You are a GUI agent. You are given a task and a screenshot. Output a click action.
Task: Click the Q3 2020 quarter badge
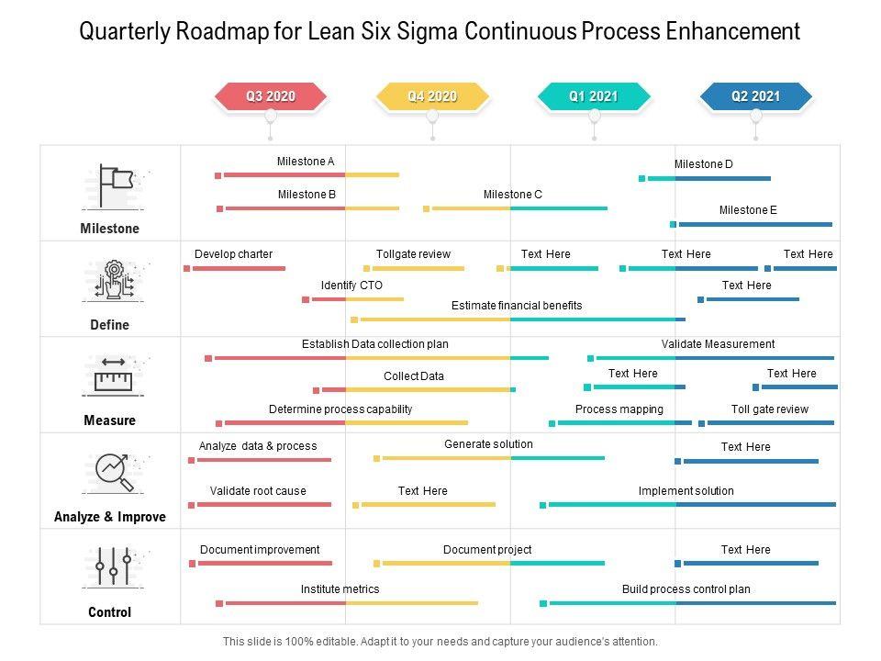[x=270, y=96]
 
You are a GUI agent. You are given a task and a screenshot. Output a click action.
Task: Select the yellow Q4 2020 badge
[x=431, y=96]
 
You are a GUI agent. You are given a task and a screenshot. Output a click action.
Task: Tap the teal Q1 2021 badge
[x=594, y=96]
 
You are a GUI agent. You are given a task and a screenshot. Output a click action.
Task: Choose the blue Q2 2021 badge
[x=755, y=96]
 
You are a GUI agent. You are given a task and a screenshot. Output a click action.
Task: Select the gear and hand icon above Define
[x=113, y=280]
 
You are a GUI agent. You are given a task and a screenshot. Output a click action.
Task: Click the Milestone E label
[x=748, y=210]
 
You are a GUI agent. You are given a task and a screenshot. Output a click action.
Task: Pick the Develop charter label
[x=233, y=254]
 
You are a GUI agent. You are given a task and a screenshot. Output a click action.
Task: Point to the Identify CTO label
[x=351, y=286]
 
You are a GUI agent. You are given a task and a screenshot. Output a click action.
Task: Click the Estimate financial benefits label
[x=517, y=306]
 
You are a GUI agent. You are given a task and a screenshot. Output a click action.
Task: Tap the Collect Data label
[x=414, y=376]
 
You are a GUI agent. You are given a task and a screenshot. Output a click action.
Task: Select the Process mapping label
[x=619, y=409]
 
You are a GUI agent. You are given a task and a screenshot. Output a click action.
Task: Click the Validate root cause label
[x=258, y=491]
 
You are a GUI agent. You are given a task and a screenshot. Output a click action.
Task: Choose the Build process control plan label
[x=686, y=589]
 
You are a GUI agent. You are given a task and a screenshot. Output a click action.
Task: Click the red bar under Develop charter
[x=237, y=269]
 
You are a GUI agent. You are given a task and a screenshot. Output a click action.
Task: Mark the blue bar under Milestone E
[x=753, y=224]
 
